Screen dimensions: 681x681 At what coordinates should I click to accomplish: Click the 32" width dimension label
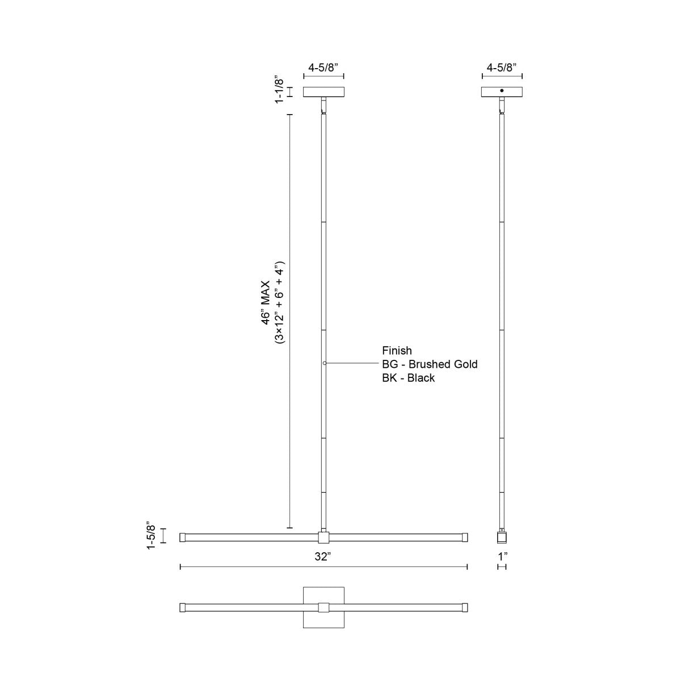(x=323, y=557)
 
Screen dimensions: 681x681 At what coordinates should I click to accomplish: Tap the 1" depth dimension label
(x=502, y=557)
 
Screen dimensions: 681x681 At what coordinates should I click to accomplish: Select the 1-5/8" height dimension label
(x=150, y=535)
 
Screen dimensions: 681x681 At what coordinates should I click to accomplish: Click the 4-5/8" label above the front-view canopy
(x=323, y=67)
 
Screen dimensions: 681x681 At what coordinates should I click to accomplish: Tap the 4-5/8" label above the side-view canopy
(x=502, y=67)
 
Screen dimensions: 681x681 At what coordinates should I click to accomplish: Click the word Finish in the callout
(x=397, y=351)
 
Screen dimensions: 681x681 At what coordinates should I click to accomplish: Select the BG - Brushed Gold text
(x=430, y=364)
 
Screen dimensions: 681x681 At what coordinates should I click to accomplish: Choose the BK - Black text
(x=408, y=378)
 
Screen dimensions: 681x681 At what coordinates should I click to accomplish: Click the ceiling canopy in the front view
(x=323, y=92)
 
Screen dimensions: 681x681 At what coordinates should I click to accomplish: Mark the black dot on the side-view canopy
(x=502, y=90)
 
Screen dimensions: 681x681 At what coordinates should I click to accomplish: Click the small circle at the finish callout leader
(x=324, y=363)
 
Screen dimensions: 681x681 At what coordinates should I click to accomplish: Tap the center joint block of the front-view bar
(x=323, y=537)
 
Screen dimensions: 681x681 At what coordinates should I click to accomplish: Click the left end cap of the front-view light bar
(x=183, y=537)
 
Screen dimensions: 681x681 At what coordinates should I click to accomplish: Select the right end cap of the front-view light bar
(x=465, y=537)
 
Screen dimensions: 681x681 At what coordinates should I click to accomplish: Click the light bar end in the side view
(x=502, y=537)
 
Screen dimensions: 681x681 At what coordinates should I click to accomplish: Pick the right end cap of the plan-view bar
(x=465, y=607)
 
